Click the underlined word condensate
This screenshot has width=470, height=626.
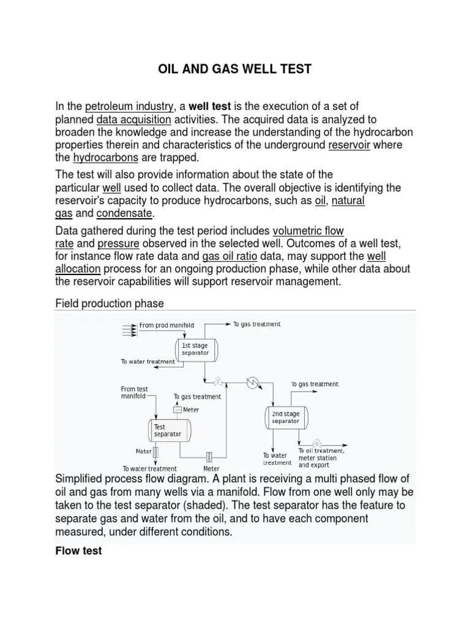tap(125, 213)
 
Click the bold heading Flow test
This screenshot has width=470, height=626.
tap(78, 551)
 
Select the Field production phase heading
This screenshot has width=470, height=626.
tap(110, 304)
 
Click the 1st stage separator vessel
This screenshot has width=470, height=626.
tap(195, 349)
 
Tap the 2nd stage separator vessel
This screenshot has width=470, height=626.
tap(286, 417)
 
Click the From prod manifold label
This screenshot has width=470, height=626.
tap(166, 325)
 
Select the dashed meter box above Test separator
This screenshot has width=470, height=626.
tap(178, 410)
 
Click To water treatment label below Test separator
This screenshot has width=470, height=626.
tap(149, 468)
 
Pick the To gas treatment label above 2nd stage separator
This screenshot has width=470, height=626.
tap(315, 384)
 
